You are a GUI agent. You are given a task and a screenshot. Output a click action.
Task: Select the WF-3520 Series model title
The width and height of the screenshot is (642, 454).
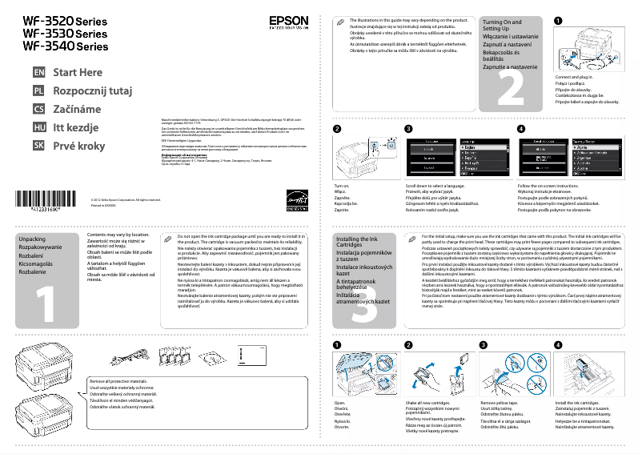tap(65, 20)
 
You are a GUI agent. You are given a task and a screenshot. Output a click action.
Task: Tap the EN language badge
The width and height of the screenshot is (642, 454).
tap(38, 73)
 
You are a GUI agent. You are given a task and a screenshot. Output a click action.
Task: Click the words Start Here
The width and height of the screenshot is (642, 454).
tap(78, 73)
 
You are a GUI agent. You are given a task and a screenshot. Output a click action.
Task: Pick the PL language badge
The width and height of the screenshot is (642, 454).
tap(38, 91)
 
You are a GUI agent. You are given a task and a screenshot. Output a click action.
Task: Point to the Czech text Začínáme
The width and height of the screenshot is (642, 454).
tap(77, 109)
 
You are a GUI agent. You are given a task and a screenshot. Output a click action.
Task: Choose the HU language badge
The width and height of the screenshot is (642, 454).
tap(38, 127)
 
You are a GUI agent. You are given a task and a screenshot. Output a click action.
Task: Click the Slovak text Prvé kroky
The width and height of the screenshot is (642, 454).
tap(78, 146)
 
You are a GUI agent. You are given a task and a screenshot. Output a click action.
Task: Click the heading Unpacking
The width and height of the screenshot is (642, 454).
tap(32, 239)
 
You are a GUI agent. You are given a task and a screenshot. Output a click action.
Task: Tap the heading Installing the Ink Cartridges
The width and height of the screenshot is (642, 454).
tap(357, 243)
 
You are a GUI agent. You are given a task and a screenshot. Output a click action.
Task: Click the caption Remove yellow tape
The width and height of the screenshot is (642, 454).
tap(498, 403)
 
